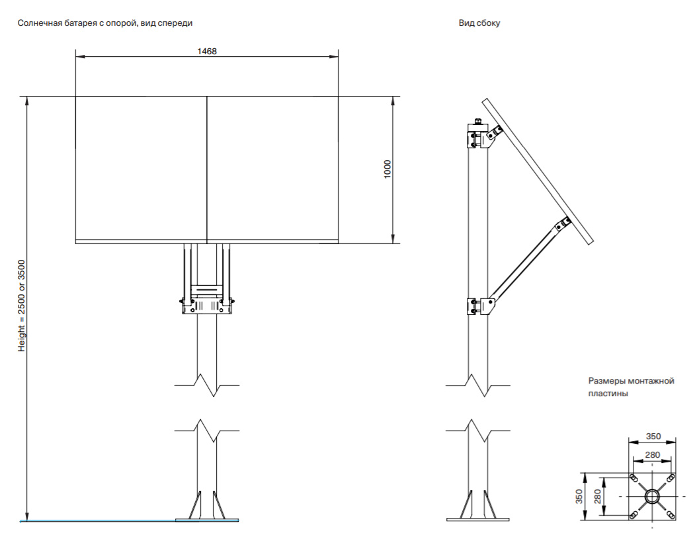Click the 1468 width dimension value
[207, 51]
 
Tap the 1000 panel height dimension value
[388, 169]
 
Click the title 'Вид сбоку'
[479, 23]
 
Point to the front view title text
[106, 23]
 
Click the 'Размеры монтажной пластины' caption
[631, 387]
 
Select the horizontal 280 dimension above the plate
[652, 454]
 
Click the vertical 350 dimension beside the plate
[579, 496]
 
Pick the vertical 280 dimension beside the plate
[598, 496]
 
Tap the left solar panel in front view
[141, 168]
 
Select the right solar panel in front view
[272, 168]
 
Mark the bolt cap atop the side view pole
[477, 122]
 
